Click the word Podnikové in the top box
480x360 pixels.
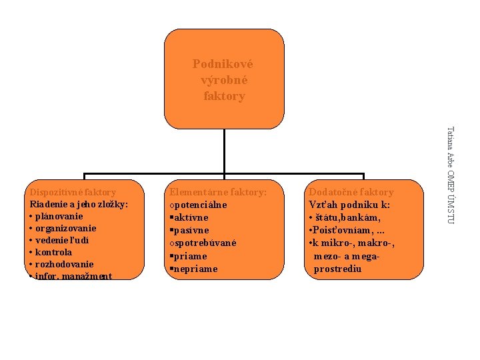pyautogui.click(x=223, y=64)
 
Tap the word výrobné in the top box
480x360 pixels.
pyautogui.click(x=224, y=80)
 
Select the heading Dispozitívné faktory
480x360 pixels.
pyautogui.click(x=73, y=192)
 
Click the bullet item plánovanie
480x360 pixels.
pyautogui.click(x=59, y=216)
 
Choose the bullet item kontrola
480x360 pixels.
pyautogui.click(x=53, y=252)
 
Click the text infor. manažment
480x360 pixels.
pyautogui.click(x=73, y=276)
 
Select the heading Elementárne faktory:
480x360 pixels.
pyautogui.click(x=218, y=192)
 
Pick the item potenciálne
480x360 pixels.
pyautogui.click(x=200, y=205)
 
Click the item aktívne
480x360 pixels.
pyautogui.click(x=191, y=217)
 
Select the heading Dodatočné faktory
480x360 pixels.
pyautogui.click(x=351, y=192)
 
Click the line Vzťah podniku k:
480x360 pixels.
pyautogui.click(x=349, y=205)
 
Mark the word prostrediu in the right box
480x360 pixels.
pyautogui.click(x=337, y=269)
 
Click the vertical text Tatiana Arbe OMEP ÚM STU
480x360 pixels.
pyautogui.click(x=451, y=175)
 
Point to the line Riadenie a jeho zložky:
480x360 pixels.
pyautogui.click(x=79, y=204)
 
